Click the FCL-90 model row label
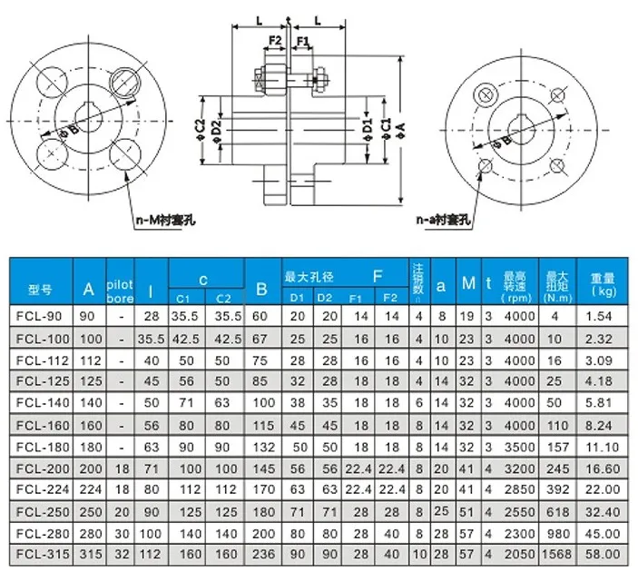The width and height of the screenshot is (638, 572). (x=41, y=317)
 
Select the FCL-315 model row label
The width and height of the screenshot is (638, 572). (x=41, y=552)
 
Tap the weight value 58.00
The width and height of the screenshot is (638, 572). (x=603, y=552)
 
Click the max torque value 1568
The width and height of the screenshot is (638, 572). (x=557, y=552)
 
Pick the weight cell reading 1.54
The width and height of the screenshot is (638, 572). (x=603, y=317)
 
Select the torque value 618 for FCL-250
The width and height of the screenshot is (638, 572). (x=557, y=510)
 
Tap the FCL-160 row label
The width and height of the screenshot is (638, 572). (x=41, y=424)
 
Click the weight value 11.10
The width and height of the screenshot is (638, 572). (x=603, y=446)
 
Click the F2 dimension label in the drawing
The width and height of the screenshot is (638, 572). (x=275, y=42)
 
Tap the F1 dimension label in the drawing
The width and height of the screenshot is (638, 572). (x=303, y=42)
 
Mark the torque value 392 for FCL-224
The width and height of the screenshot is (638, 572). (x=557, y=488)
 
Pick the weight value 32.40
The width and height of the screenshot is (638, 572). (x=603, y=510)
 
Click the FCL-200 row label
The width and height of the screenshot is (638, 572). (x=41, y=467)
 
